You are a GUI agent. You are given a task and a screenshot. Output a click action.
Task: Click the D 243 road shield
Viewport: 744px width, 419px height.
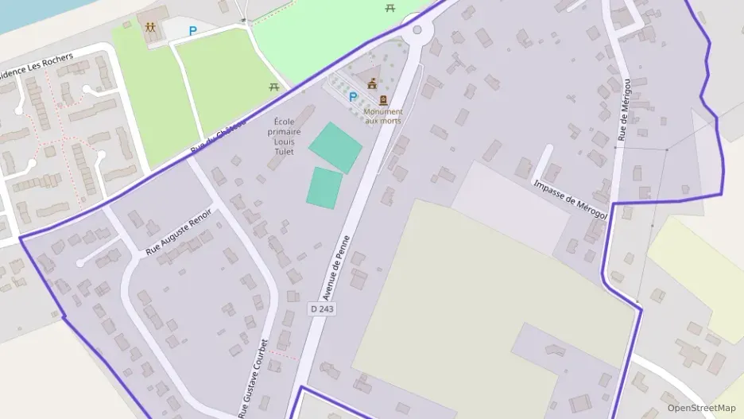point(321,308)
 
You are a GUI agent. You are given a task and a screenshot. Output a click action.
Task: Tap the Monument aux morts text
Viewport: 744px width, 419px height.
point(383,116)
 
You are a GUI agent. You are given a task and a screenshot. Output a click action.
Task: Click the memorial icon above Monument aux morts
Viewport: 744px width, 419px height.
point(384,100)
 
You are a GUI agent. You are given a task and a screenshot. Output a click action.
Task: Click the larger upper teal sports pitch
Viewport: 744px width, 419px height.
point(335,147)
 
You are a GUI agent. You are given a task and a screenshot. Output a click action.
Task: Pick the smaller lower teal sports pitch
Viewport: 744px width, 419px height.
point(325,188)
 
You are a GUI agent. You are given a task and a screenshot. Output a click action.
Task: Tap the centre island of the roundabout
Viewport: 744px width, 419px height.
point(416,31)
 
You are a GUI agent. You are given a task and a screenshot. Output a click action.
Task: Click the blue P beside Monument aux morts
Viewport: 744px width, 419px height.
point(354,96)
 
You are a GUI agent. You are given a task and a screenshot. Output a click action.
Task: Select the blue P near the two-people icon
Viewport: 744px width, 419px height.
point(192,32)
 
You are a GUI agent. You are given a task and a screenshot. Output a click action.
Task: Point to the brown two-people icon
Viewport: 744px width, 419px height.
point(151,27)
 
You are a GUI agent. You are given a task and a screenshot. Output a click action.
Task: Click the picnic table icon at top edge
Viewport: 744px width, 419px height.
point(390,8)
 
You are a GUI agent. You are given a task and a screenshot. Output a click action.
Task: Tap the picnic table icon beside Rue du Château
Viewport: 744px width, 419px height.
point(274,87)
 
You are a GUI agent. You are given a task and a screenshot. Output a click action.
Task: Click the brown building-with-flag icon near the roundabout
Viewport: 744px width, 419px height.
point(371,83)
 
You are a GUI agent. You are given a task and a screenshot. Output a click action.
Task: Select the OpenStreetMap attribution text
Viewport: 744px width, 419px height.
point(701,408)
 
